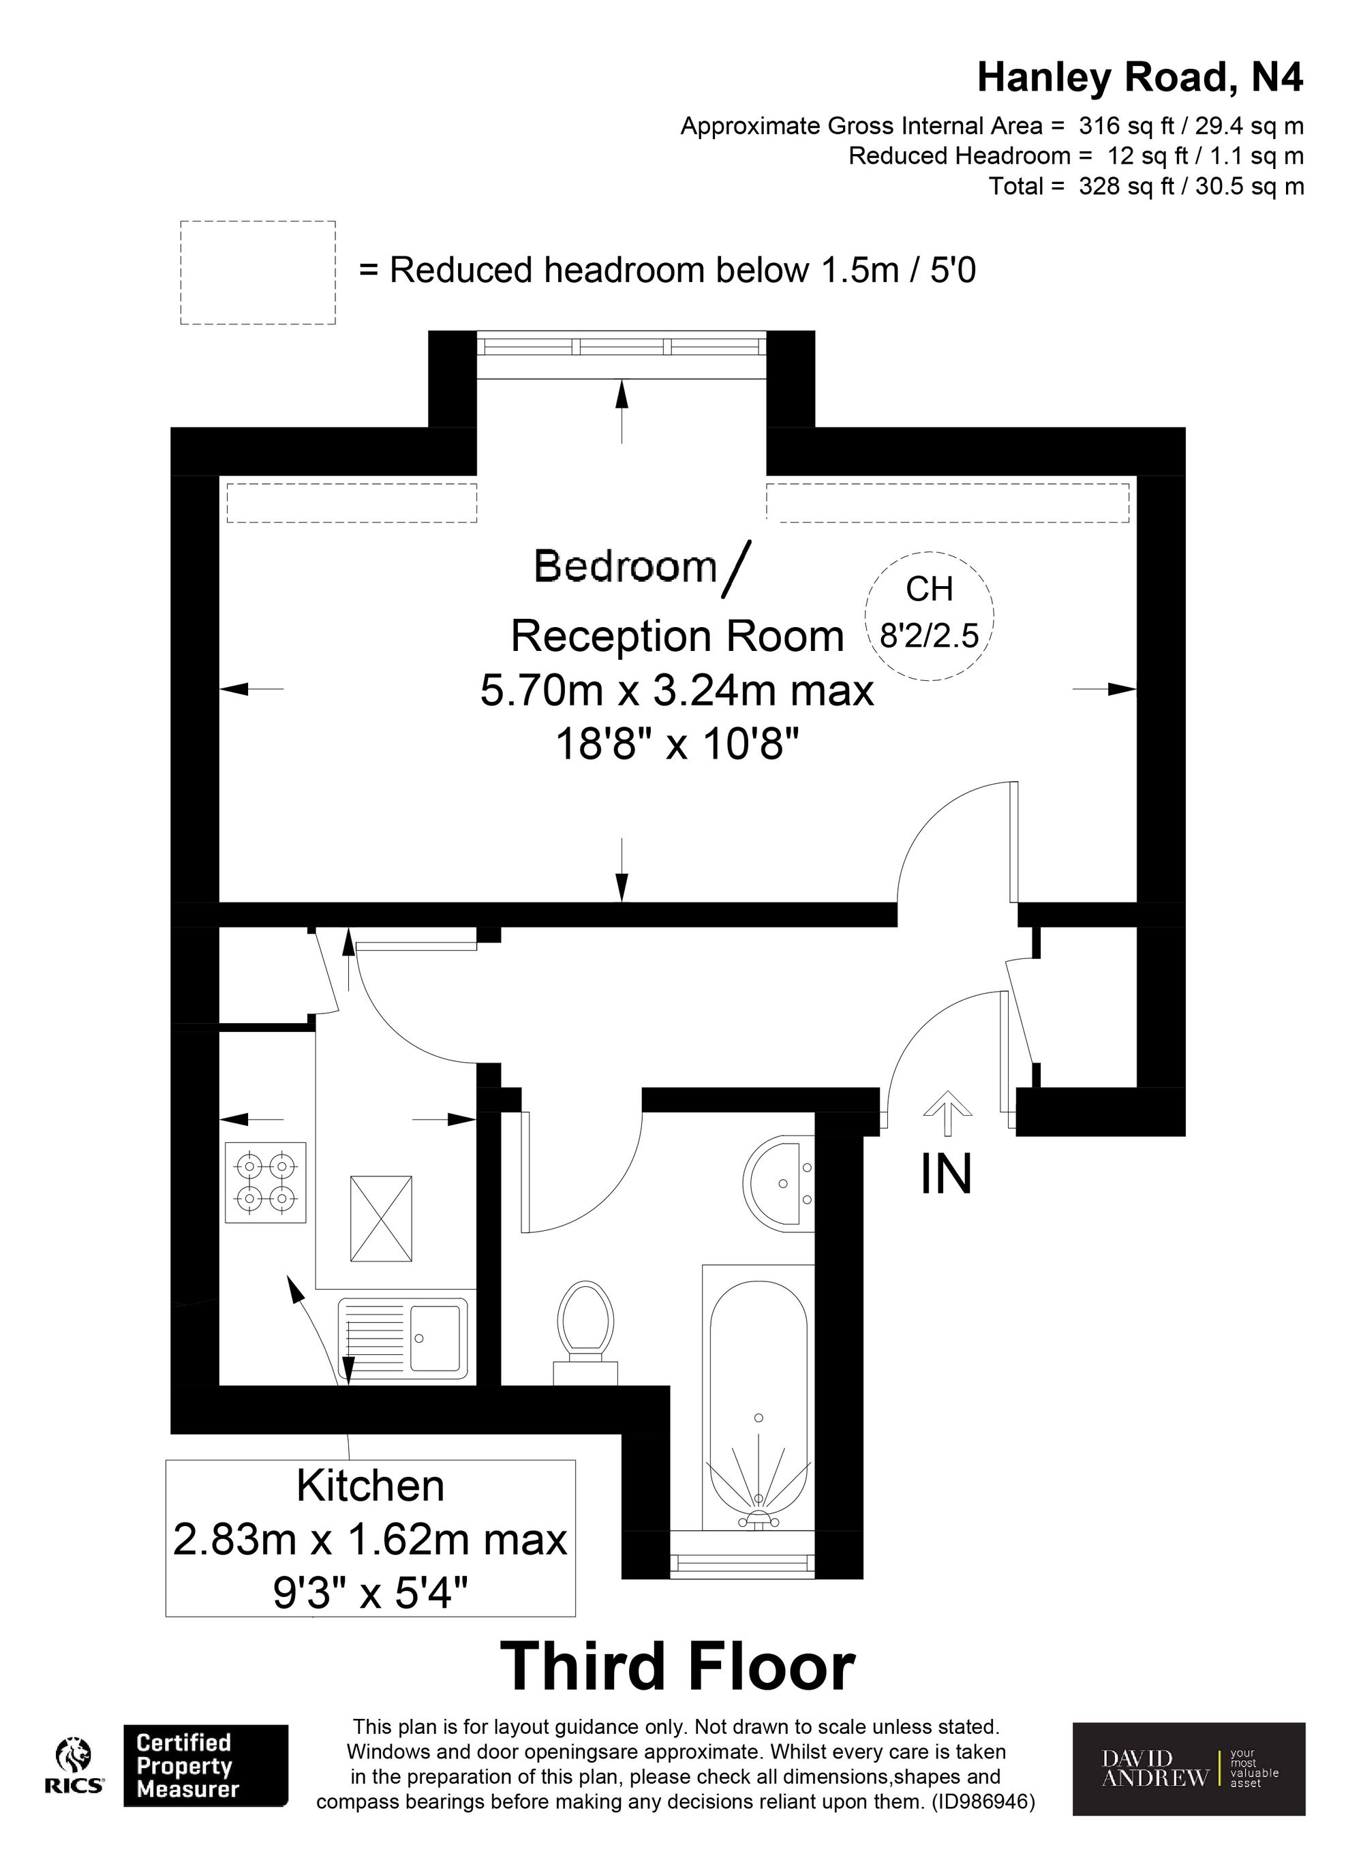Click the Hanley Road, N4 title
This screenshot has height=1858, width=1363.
coord(1140,78)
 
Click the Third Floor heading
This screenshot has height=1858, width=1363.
coord(678,1667)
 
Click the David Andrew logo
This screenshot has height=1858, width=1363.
coord(1189,1768)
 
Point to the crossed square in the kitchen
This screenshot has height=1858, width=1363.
coord(381,1219)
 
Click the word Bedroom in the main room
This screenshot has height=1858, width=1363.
coord(626,566)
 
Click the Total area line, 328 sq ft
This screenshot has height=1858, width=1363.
coord(1147,187)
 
